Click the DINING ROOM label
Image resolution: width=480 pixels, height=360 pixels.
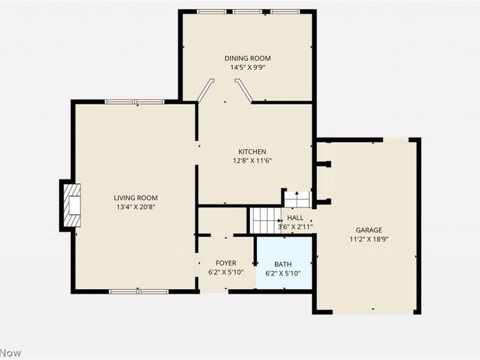(x=247, y=58)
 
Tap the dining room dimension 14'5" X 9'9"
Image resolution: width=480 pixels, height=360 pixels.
(x=247, y=67)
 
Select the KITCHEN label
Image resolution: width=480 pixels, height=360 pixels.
(x=252, y=152)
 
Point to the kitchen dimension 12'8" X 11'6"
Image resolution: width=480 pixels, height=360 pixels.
(x=252, y=161)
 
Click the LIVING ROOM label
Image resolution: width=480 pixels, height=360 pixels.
(x=136, y=198)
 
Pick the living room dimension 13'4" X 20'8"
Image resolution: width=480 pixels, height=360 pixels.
(x=136, y=207)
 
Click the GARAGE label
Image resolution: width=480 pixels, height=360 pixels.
(x=368, y=230)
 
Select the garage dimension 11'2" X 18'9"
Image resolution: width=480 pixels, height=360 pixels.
(x=368, y=239)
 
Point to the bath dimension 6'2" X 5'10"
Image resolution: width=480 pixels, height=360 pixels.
(x=283, y=273)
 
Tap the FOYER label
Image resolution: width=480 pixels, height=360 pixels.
(x=226, y=263)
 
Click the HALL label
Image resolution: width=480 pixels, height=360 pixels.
(x=295, y=218)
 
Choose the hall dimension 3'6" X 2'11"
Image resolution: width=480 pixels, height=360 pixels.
(x=295, y=227)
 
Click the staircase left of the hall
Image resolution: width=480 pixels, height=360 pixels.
(x=264, y=220)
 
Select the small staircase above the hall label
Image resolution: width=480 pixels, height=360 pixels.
(x=297, y=199)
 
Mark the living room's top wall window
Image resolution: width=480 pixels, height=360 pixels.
(x=134, y=101)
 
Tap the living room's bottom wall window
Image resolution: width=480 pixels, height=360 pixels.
(x=138, y=292)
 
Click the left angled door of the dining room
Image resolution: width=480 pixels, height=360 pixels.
(x=205, y=91)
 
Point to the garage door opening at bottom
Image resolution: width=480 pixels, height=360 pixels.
(x=373, y=311)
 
